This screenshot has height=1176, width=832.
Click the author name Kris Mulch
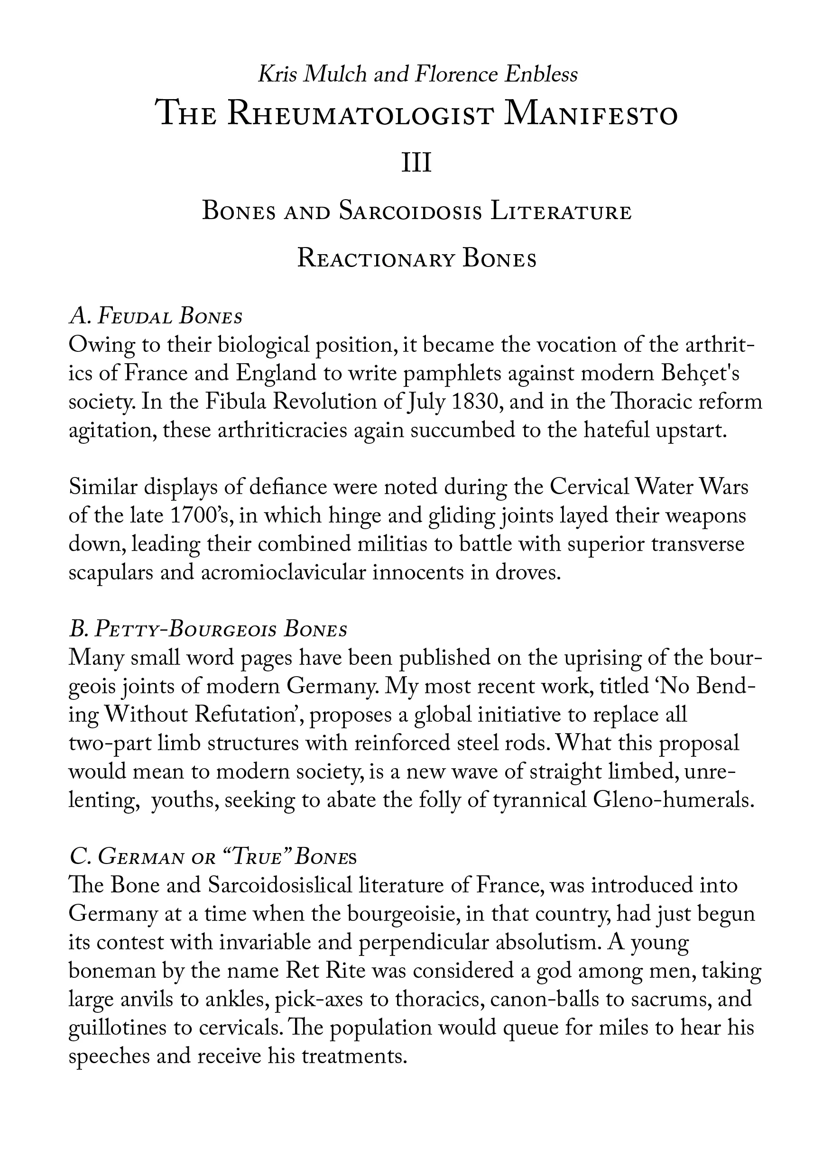click(312, 75)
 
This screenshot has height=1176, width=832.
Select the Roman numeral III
click(416, 164)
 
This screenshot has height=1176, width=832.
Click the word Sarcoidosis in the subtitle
click(410, 212)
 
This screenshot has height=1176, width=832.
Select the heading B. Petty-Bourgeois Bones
click(208, 629)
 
